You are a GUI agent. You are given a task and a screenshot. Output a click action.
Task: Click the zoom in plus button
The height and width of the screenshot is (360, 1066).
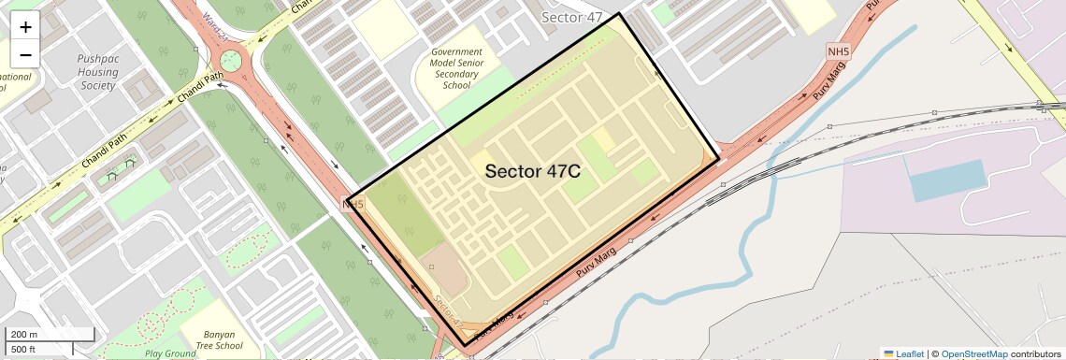25,27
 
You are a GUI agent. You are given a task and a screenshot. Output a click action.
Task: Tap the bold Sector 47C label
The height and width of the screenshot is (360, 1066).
533,171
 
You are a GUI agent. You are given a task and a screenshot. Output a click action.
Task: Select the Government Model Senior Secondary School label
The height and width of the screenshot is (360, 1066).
456,68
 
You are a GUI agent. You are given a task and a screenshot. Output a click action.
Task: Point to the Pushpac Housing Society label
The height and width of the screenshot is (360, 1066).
98,71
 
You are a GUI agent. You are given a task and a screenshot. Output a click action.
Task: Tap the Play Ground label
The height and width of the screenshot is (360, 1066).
170,353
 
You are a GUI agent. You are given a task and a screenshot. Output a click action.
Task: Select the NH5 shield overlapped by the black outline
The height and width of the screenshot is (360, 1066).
353,204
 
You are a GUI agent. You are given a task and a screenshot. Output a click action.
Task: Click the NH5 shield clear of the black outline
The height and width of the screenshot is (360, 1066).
837,50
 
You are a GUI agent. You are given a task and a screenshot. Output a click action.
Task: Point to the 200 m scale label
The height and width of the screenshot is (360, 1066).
25,335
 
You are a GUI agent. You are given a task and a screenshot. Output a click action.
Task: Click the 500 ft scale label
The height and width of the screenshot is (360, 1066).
25,350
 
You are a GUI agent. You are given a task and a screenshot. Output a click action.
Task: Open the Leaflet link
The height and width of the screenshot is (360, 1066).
910,353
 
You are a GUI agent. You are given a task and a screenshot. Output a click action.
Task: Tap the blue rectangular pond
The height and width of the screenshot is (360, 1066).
947,180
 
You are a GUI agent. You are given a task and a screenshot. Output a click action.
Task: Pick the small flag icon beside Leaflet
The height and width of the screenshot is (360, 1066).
888,353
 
